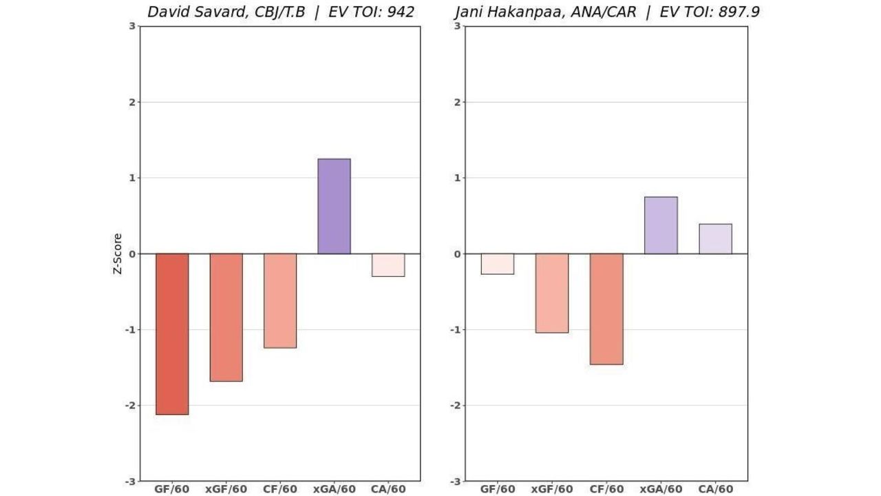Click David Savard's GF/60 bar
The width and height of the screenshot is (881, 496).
pos(172,334)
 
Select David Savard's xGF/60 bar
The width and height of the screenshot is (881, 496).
pos(226,317)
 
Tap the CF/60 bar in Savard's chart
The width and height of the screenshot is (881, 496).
pos(280,300)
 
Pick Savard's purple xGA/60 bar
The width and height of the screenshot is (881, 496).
pos(334,206)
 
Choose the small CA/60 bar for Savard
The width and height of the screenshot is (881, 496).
pos(388,265)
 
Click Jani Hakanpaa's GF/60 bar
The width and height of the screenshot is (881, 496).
pos(497,264)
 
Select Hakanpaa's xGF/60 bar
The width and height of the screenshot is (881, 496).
pos(552,293)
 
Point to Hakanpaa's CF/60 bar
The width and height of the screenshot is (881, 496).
pos(606,309)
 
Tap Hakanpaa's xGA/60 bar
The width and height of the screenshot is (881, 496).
pos(661,225)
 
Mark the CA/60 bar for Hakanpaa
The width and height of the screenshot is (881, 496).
pos(715,239)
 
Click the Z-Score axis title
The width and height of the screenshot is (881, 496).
pos(118,254)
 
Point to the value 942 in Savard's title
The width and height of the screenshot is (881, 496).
pos(401,12)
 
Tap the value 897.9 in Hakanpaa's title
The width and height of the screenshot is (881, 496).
pos(739,12)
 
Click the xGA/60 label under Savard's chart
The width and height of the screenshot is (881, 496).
pos(334,489)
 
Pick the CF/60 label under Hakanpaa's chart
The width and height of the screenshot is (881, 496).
pos(606,489)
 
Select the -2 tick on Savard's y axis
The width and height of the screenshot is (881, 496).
pos(131,405)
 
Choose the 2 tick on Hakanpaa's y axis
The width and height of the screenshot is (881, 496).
pos(457,102)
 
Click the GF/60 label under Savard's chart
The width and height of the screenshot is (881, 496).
pos(172,489)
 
